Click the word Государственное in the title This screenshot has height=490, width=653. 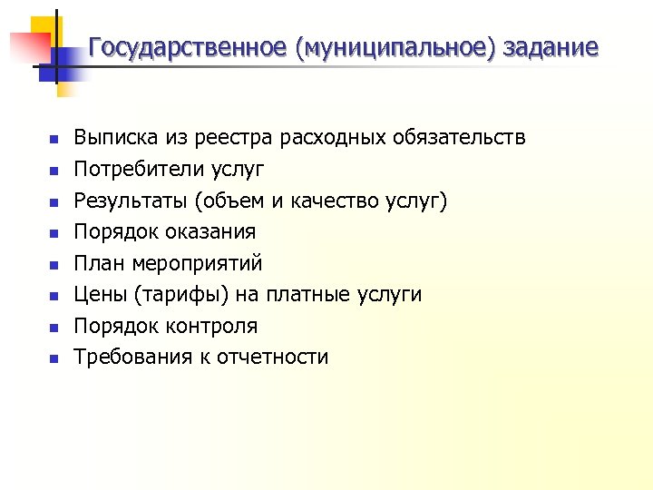[x=188, y=47]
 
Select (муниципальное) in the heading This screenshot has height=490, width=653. [x=395, y=47]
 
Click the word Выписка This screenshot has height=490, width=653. [x=115, y=138]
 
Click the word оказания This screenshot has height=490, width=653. [x=210, y=231]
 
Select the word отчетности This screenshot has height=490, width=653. [x=278, y=357]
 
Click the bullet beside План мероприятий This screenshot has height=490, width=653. [x=54, y=265]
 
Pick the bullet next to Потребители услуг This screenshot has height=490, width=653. [x=54, y=171]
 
